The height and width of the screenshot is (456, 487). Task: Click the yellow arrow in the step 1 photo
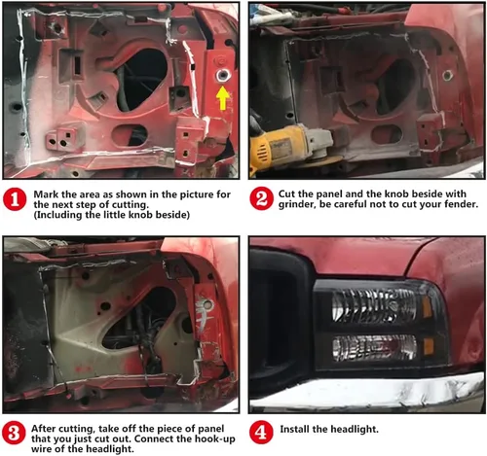tap(222, 98)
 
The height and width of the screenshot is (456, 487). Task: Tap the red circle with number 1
tap(15, 199)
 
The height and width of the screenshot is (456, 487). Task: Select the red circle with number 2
tap(261, 198)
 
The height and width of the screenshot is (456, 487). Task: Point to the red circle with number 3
tap(14, 433)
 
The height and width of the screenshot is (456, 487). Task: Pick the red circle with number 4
tap(261, 433)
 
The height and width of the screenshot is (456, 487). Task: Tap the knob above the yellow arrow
tap(223, 75)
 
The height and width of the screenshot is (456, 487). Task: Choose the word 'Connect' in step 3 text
tap(152, 438)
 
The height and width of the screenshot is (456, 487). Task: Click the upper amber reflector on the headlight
tap(428, 306)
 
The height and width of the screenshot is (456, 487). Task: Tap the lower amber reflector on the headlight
tap(429, 347)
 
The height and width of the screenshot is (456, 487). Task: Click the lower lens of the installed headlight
tap(374, 348)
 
